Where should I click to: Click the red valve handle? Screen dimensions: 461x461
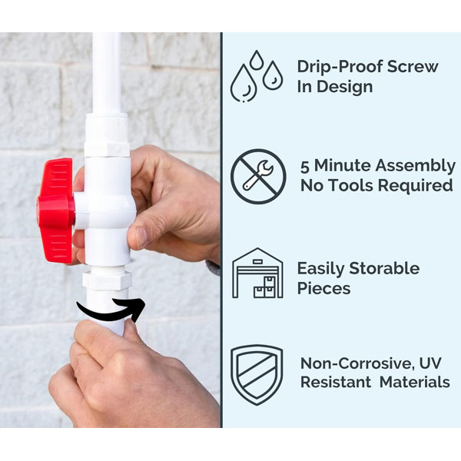[x=56, y=210]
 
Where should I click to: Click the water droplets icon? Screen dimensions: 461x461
[x=257, y=76]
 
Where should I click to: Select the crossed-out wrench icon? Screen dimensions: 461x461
[x=258, y=177]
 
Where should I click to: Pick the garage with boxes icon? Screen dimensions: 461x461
[x=257, y=273]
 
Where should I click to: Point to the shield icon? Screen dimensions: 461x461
[x=257, y=375]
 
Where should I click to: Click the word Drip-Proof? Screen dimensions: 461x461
[x=340, y=67]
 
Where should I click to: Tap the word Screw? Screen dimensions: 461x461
[x=413, y=66]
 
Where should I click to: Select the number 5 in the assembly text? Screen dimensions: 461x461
[x=305, y=167]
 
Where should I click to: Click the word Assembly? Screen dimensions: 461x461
[x=415, y=166]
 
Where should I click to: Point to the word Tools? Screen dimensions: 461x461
[x=351, y=186]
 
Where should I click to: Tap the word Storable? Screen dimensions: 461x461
[x=384, y=268]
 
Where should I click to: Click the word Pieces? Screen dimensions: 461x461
[x=323, y=288]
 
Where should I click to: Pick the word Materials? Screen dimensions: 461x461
[x=415, y=383]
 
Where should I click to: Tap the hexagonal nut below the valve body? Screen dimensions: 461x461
[x=107, y=280]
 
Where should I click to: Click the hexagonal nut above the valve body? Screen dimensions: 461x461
[x=107, y=149]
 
